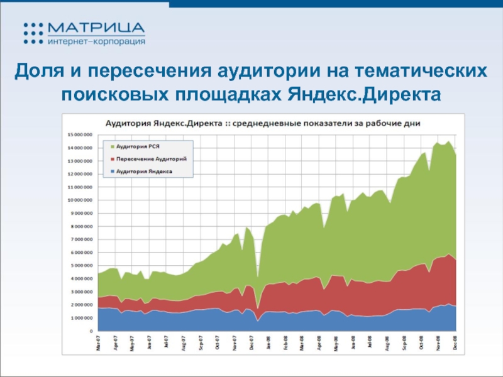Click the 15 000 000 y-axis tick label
click(80, 134)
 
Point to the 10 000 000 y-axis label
click(80, 200)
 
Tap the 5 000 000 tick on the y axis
click(82, 265)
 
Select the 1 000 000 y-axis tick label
click(82, 317)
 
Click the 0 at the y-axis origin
click(91, 331)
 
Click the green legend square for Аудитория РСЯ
click(107, 146)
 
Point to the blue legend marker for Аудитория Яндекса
click(107, 170)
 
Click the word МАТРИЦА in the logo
click(96, 28)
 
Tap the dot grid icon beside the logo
click(33, 33)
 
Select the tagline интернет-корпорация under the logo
click(96, 41)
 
